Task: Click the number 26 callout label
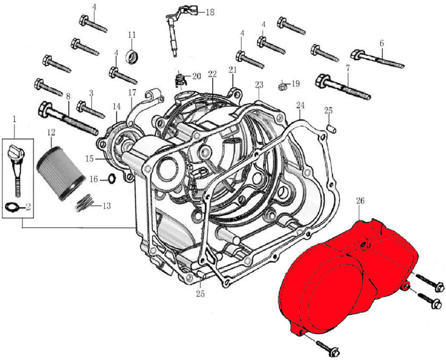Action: click(x=360, y=201)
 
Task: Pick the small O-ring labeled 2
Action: click(x=14, y=206)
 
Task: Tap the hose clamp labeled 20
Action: click(x=180, y=80)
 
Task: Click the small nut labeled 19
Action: click(x=282, y=85)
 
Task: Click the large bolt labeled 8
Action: click(x=66, y=116)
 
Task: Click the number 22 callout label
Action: click(x=213, y=74)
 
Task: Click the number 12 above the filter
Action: click(x=51, y=131)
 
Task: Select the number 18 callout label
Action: click(x=209, y=12)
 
